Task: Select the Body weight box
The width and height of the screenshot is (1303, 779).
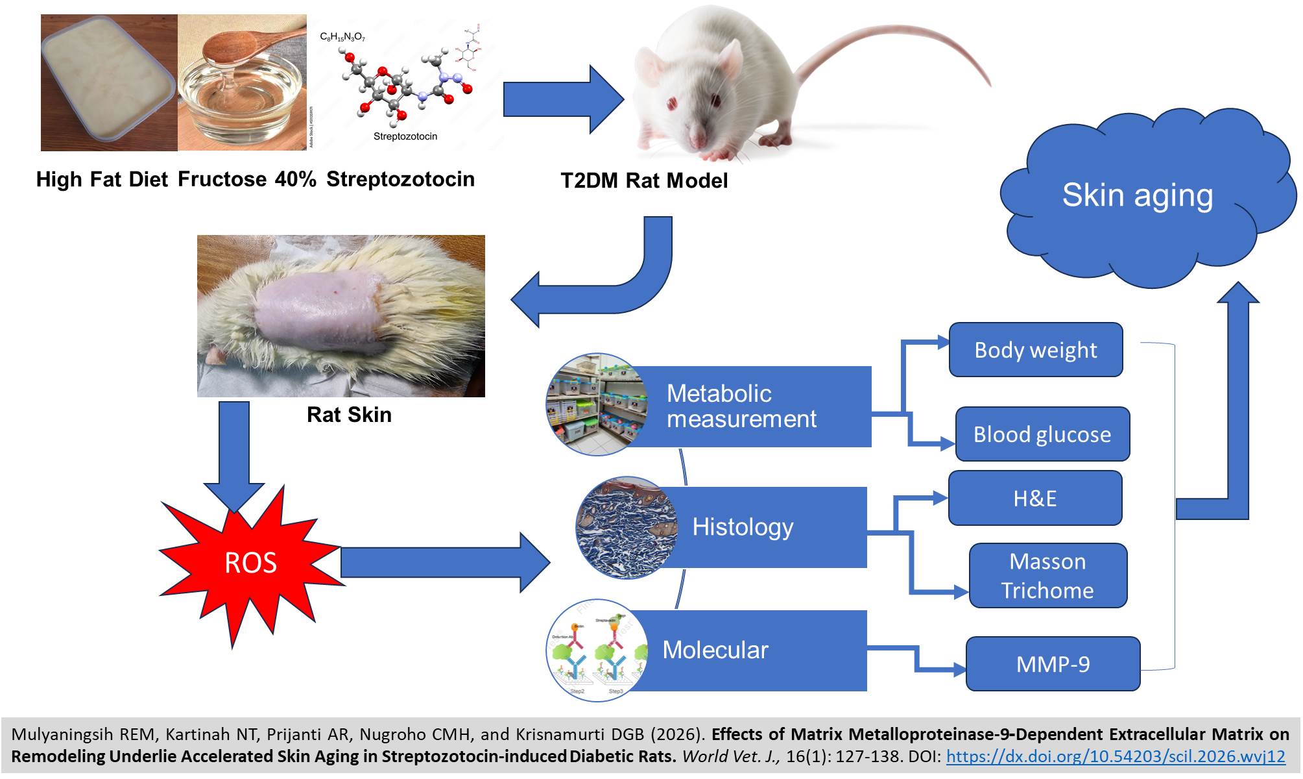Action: coord(1035,350)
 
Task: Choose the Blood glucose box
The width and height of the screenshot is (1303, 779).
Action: coord(1042,434)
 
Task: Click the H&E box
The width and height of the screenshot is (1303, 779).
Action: coord(1034,498)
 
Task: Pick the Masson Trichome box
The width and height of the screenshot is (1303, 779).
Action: coord(1047,576)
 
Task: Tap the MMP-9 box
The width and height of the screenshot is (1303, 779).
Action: coord(1052,664)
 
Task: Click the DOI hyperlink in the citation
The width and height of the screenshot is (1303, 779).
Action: coord(1116,756)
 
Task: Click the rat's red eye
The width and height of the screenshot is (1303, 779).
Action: coord(673,104)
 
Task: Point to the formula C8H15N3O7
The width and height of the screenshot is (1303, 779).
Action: coord(342,37)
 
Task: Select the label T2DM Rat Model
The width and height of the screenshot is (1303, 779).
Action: coord(643,180)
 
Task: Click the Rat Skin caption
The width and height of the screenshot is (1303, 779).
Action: coord(349,415)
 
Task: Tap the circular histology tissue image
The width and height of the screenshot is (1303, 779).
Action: coord(623,527)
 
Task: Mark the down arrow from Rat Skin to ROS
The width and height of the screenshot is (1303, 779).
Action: coord(234,454)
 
